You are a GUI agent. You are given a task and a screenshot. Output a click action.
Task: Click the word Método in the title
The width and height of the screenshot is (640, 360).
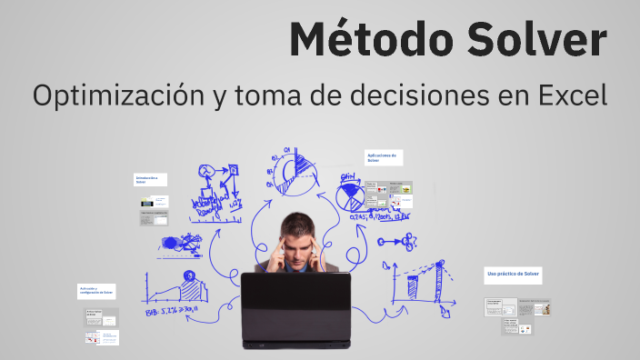pos(359,41)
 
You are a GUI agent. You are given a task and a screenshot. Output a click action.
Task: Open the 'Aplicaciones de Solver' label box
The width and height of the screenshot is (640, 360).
pos(383,158)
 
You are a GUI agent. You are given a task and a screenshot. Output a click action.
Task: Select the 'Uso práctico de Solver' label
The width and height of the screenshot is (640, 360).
pos(513,274)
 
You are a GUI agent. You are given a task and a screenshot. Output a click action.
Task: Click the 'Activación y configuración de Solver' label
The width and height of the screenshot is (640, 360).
pos(96,293)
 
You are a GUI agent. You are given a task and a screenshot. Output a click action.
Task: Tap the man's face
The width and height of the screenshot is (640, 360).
pos(297,241)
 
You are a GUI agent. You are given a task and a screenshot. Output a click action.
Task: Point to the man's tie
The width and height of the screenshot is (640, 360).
pos(296,267)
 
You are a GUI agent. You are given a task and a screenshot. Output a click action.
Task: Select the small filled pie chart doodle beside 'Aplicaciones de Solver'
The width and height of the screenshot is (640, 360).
pos(349,196)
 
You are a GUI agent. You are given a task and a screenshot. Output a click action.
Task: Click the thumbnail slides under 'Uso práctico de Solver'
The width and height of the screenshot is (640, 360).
pos(516,314)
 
